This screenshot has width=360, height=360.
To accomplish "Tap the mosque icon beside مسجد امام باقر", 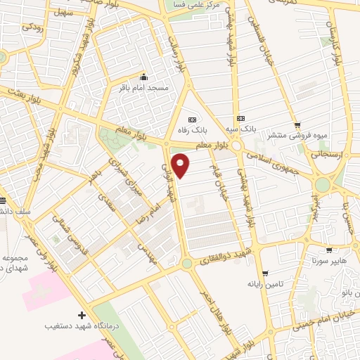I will (144, 77).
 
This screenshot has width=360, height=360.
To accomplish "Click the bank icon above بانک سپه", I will (241, 118).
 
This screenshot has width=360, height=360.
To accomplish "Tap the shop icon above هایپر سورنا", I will (329, 250).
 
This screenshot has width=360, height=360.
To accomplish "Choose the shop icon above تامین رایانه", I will (264, 274).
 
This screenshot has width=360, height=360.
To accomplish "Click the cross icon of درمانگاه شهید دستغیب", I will (82, 315).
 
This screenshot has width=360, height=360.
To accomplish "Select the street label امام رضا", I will (158, 205).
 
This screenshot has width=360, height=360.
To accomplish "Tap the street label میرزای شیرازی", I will (136, 182).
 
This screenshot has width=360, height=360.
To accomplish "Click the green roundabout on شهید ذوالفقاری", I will (186, 264).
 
